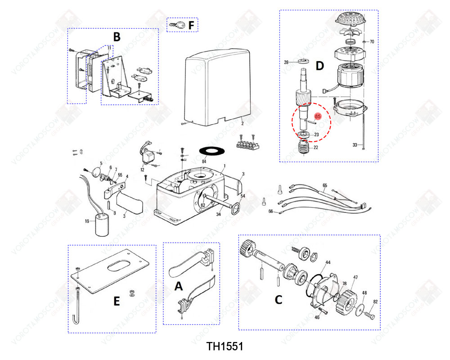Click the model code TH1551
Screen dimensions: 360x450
tap(225, 346)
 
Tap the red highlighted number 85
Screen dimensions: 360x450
tap(318, 117)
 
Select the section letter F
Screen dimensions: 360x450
tap(191, 25)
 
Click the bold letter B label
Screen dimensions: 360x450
tap(117, 37)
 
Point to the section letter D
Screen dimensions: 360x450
tap(319, 67)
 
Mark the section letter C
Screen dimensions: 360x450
tap(279, 300)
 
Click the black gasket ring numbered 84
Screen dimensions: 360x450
tap(211, 150)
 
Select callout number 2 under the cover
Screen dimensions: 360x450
tap(242, 123)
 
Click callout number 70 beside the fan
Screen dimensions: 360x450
tap(372, 42)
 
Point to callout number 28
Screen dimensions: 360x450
tap(285, 62)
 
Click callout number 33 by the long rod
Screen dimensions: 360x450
tap(355, 145)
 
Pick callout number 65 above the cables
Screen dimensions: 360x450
tap(324, 185)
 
